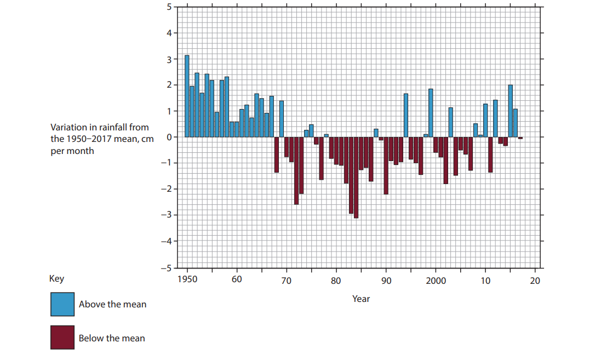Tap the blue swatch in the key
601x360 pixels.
click(x=62, y=304)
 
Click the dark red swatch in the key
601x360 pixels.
click(x=62, y=338)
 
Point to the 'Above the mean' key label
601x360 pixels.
click(x=112, y=304)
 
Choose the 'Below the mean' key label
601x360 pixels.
click(x=112, y=338)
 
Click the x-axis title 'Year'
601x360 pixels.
click(x=361, y=299)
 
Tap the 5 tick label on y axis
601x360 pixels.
click(x=169, y=7)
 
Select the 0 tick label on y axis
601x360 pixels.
click(x=169, y=137)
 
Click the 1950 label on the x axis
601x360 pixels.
click(x=187, y=281)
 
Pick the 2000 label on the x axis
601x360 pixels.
click(x=436, y=281)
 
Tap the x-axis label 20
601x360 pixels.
click(x=535, y=281)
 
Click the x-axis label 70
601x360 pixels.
click(x=286, y=281)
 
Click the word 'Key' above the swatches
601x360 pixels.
click(x=56, y=278)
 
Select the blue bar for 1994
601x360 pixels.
click(x=406, y=115)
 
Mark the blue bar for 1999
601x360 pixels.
click(x=431, y=113)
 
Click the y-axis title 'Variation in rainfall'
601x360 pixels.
click(x=99, y=139)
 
